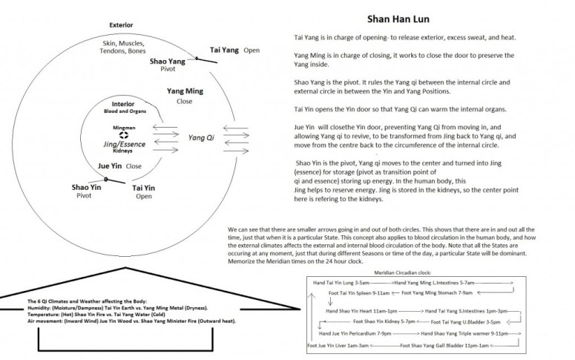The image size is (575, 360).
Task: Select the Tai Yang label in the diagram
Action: (x=224, y=50)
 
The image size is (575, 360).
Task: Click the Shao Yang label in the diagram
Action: (x=168, y=62)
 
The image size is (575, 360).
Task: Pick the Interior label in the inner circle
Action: (x=122, y=105)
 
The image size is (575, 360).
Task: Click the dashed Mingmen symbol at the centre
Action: (x=124, y=134)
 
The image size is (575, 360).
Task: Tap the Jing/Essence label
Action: (x=124, y=144)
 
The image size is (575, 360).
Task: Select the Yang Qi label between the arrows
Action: (x=200, y=138)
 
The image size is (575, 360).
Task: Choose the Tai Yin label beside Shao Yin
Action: (x=143, y=189)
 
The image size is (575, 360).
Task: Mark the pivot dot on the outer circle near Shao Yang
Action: (x=196, y=58)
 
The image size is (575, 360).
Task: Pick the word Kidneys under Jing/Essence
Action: (x=124, y=151)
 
